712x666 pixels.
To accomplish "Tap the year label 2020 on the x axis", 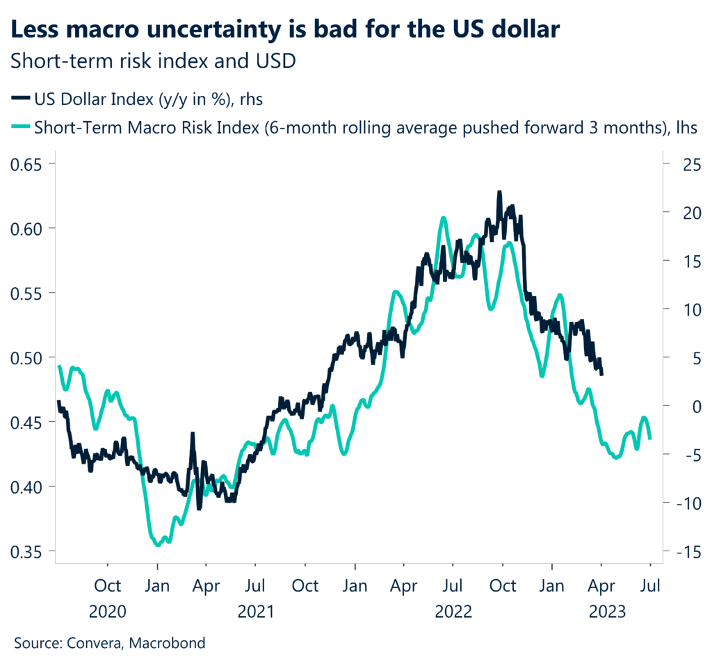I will [x=108, y=612].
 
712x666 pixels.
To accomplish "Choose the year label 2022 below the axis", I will [x=453, y=612].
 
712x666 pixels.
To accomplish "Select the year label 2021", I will [x=256, y=612].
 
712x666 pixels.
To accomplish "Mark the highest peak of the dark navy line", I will [x=499, y=192].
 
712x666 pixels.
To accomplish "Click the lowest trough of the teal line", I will [x=158, y=545].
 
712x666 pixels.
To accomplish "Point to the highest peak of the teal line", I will [x=443, y=218].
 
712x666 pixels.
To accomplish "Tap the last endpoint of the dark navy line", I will [x=601, y=375].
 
